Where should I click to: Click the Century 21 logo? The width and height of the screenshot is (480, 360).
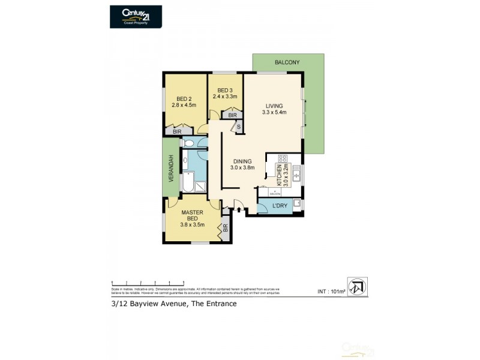coord(136,16)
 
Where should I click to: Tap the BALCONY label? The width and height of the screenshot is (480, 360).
coord(287,62)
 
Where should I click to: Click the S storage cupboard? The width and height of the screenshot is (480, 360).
coord(238,127)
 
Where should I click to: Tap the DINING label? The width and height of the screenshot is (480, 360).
coord(243,161)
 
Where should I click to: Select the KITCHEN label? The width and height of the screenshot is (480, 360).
coord(279,175)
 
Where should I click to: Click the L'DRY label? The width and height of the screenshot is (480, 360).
coord(280,207)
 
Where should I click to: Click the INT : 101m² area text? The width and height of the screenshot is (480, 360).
coord(331,292)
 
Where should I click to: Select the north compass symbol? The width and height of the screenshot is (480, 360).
coord(357,286)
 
